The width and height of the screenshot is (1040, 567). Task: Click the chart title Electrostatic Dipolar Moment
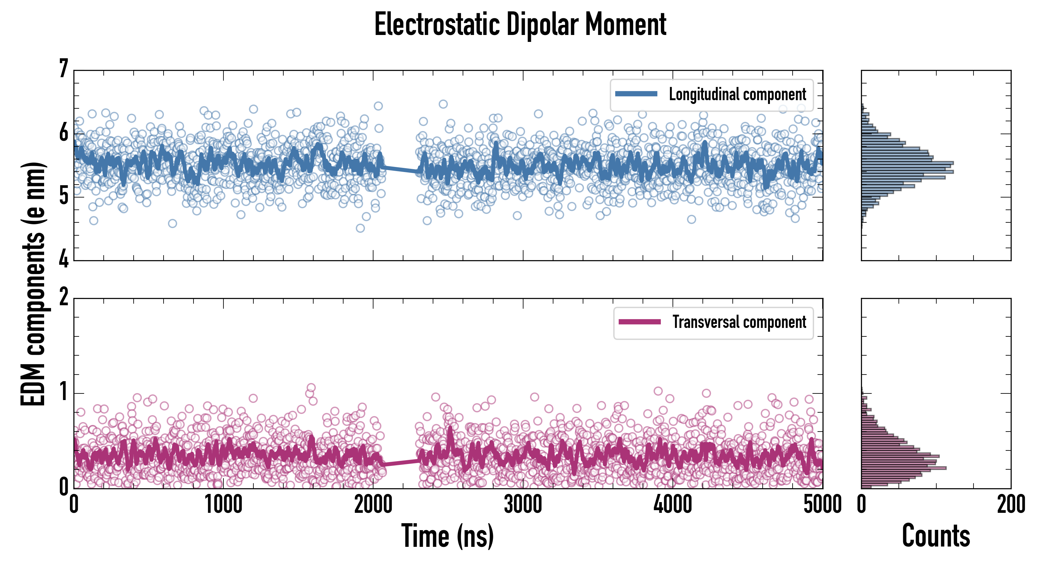(x=520, y=25)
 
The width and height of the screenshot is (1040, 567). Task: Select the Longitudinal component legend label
(x=737, y=94)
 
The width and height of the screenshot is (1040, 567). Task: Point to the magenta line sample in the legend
(x=639, y=322)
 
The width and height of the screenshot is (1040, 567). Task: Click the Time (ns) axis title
(x=447, y=535)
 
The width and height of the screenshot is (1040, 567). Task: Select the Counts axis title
(x=936, y=535)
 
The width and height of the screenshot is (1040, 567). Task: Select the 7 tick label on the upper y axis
(x=63, y=69)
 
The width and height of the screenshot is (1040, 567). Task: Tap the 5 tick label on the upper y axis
(x=63, y=197)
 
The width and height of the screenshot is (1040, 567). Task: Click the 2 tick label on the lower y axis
(x=63, y=297)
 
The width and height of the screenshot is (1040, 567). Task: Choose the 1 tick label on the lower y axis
(x=63, y=392)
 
